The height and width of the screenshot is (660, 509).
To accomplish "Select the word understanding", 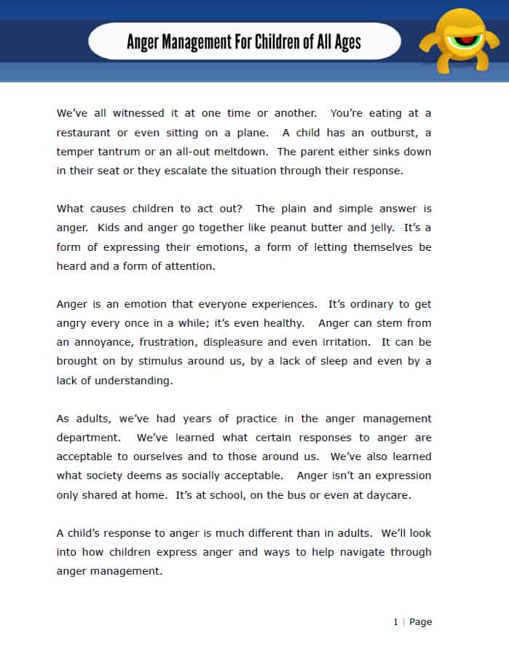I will click(124, 380).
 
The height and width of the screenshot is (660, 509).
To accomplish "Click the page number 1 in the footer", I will click(395, 622).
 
